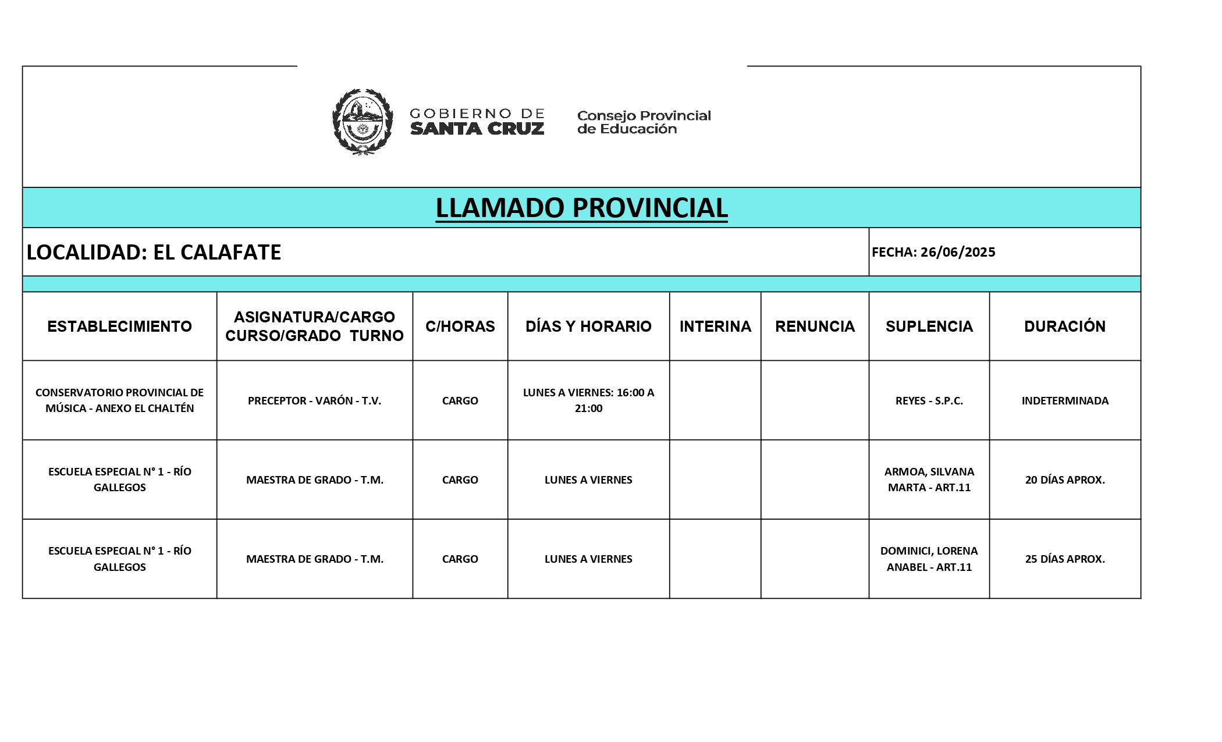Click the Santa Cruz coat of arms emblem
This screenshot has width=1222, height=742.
pos(362,122)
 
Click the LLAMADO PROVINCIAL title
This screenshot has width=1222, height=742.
pos(581,208)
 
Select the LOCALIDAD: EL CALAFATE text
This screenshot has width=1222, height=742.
pos(154,252)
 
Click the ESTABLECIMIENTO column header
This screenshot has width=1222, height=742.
pos(119,326)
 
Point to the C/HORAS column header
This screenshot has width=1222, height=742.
pos(460,326)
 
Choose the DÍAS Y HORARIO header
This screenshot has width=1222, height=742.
pos(588,326)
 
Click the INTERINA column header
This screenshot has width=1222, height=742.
pos(715,326)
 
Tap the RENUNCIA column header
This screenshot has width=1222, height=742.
pos(815,326)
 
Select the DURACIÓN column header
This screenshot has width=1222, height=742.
pos(1065,326)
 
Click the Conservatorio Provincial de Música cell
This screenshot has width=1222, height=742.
pos(119,400)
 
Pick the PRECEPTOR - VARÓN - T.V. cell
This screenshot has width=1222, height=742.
pos(314,400)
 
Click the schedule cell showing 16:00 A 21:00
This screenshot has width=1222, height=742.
pos(588,400)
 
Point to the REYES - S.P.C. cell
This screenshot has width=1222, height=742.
pos(929,400)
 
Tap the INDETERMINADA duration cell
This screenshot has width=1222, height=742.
pos(1065,400)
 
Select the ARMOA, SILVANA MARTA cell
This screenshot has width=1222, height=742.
pos(929,480)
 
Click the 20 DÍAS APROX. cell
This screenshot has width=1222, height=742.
pos(1065,480)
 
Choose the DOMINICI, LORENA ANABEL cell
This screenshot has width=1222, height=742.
pos(929,559)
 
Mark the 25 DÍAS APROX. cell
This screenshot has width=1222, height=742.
pos(1065,559)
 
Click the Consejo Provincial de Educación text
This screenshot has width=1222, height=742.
pos(644,122)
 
